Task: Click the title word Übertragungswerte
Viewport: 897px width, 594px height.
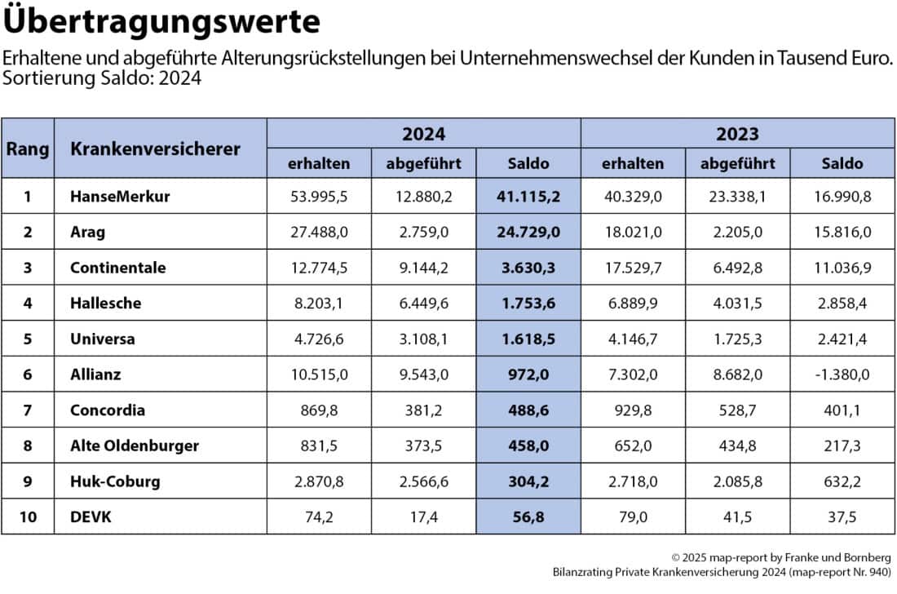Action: point(162,22)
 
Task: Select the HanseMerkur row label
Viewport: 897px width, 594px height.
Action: point(120,196)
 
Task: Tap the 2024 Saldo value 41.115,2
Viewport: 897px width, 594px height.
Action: point(528,196)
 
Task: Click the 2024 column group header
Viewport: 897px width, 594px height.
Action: point(424,133)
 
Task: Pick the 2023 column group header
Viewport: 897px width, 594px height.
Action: point(737,133)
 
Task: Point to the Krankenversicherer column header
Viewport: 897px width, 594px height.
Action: point(155,148)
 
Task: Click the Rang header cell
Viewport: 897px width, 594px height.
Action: point(28,148)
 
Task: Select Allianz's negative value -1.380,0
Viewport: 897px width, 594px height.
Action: point(842,374)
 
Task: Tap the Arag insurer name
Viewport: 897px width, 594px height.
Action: point(88,232)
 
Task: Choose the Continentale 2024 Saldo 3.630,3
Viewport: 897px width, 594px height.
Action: point(528,267)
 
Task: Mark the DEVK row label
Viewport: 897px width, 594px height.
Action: point(90,516)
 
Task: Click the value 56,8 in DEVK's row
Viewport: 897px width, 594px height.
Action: point(528,516)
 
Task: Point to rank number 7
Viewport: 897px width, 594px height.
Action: point(28,410)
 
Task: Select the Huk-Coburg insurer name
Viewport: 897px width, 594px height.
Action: point(115,481)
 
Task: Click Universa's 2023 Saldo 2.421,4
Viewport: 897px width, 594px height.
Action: point(842,339)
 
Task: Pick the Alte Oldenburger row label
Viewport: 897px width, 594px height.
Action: point(135,445)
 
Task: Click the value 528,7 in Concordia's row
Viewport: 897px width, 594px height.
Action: point(737,410)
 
